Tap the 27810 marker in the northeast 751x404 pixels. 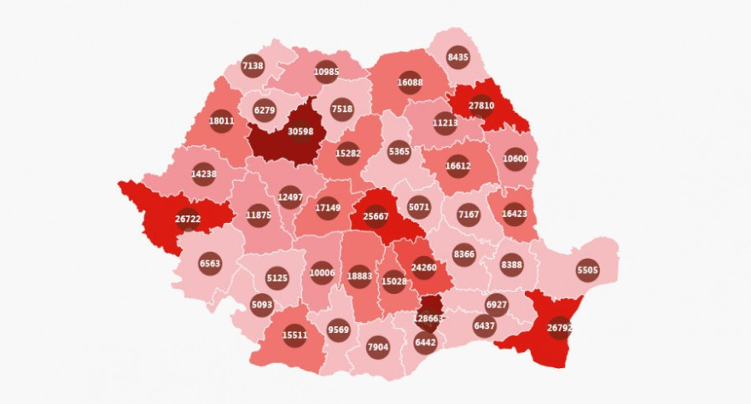[483, 105]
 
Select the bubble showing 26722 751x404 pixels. [188, 219]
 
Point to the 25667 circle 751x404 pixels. [375, 216]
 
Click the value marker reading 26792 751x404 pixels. [559, 327]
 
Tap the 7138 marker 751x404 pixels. [253, 66]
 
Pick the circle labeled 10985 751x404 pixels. [327, 72]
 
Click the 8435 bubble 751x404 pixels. [458, 57]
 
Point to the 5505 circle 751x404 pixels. [587, 271]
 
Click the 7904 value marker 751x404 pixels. [377, 347]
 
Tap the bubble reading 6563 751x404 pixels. [210, 264]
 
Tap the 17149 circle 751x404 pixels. [328, 208]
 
